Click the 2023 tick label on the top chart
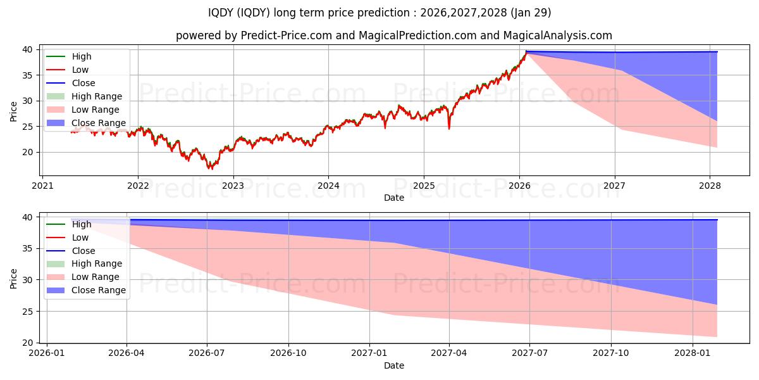tap(233, 186)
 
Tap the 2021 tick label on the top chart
tap(42, 186)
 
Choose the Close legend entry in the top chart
tap(83, 83)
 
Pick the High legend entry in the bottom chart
tap(82, 224)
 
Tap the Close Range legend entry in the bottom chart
tap(99, 290)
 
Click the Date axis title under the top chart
tap(393, 198)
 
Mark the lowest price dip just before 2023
tap(211, 168)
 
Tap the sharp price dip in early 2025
tap(449, 129)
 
